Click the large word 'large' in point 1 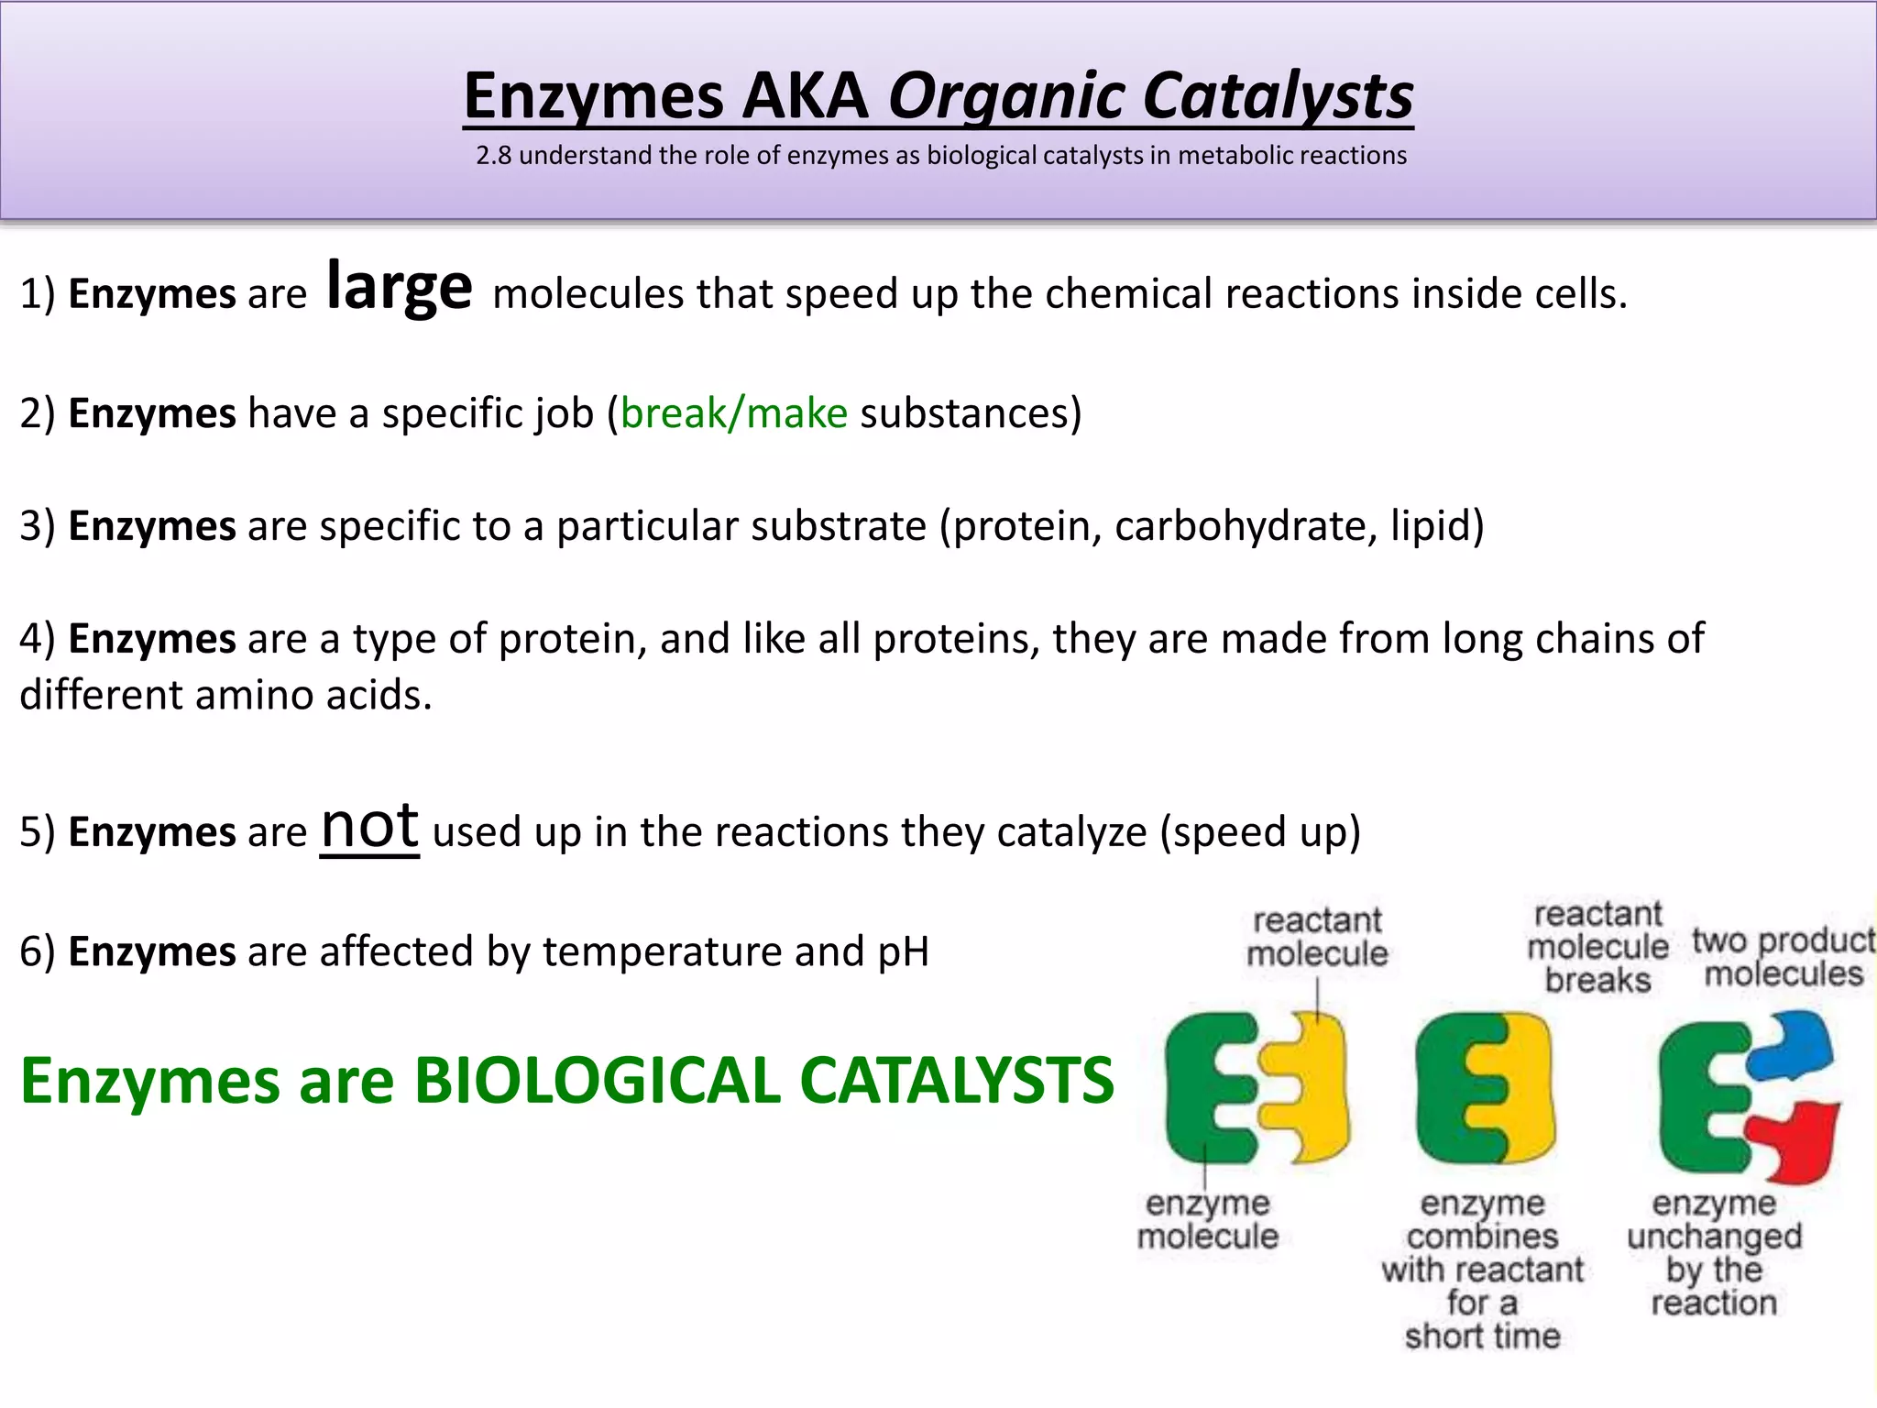(x=400, y=288)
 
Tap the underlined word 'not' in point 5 (x=369, y=827)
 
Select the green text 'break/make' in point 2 (x=734, y=413)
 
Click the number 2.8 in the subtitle (x=493, y=156)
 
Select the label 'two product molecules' (x=1783, y=957)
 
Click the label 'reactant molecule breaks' (x=1597, y=947)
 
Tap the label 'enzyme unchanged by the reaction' (x=1714, y=1252)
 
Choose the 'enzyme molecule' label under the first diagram (x=1207, y=1220)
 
